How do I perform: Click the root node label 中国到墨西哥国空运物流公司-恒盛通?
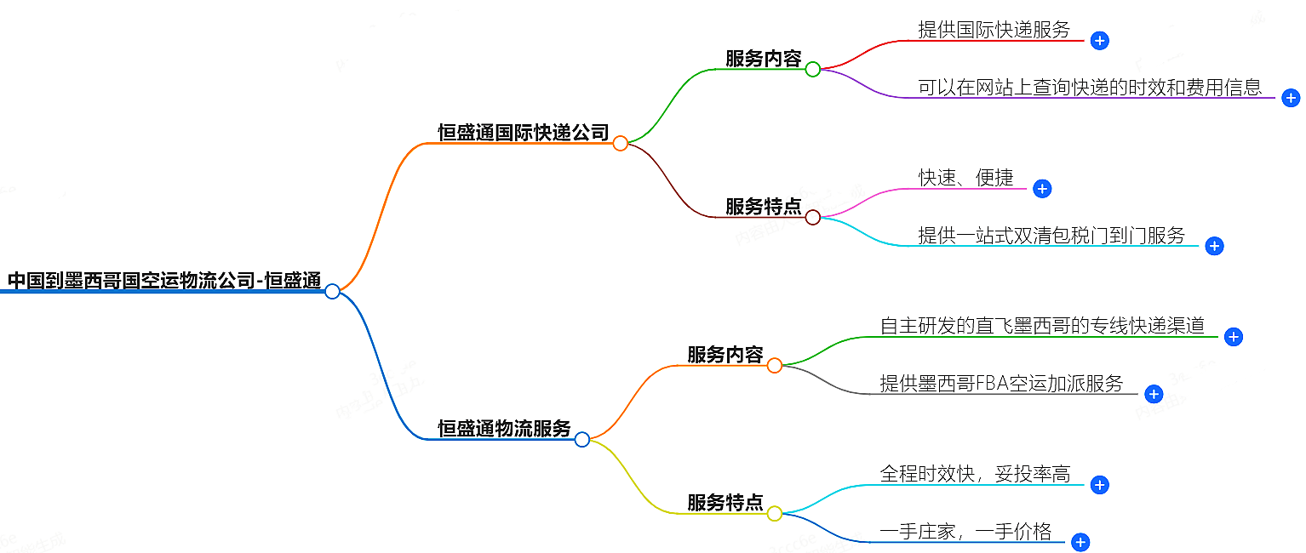click(163, 280)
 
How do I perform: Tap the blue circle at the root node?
click(333, 292)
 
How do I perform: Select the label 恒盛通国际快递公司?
click(523, 132)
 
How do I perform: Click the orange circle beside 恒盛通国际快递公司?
click(621, 144)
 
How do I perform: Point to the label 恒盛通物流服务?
click(504, 428)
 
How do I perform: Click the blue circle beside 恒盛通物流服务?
click(582, 440)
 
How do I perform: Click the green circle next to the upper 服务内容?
click(813, 70)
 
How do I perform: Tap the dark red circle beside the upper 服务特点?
click(813, 218)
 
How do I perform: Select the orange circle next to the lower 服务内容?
click(775, 366)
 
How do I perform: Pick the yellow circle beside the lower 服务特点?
click(775, 514)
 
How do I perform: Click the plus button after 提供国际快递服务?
click(1099, 40)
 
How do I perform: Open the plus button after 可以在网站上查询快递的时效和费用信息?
click(1291, 98)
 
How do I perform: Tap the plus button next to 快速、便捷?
click(1042, 189)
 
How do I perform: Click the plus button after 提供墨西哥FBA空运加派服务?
click(1154, 394)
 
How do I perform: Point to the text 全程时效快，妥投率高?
click(974, 474)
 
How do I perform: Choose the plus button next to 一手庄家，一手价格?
click(1080, 542)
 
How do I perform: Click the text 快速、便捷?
click(965, 178)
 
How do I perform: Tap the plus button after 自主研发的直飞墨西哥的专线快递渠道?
click(1234, 337)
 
